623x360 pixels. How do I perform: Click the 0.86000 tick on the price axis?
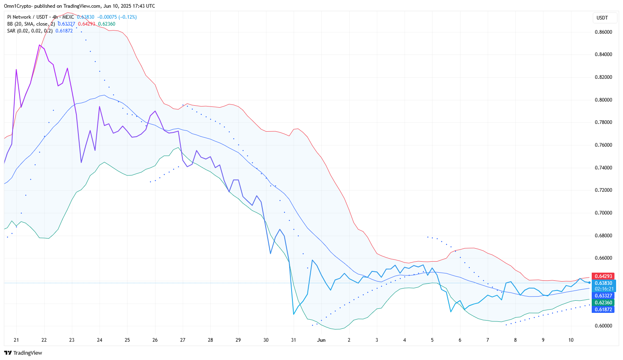click(x=603, y=32)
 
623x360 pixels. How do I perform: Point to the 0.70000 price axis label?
click(x=603, y=213)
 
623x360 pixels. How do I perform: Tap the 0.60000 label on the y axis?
click(x=603, y=326)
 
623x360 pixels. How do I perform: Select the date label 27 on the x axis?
click(x=183, y=340)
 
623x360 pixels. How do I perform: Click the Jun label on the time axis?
click(x=321, y=340)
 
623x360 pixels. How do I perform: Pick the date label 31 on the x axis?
click(x=294, y=340)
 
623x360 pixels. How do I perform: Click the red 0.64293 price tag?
click(x=603, y=276)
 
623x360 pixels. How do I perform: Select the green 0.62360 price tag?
click(x=603, y=303)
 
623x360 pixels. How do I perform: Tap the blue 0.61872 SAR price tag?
click(x=603, y=310)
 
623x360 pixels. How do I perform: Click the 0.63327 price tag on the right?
click(x=603, y=296)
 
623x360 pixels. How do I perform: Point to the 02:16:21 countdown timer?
click(x=604, y=289)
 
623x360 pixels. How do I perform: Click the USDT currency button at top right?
click(x=602, y=18)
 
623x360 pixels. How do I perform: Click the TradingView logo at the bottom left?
click(x=23, y=353)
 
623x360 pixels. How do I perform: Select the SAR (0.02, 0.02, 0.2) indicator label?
click(x=30, y=31)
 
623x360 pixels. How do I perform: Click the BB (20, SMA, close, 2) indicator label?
click(x=31, y=24)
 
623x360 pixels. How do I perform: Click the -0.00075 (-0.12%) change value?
click(x=117, y=17)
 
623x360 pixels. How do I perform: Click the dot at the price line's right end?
click(x=589, y=282)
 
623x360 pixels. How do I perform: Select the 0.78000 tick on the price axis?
click(x=603, y=122)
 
